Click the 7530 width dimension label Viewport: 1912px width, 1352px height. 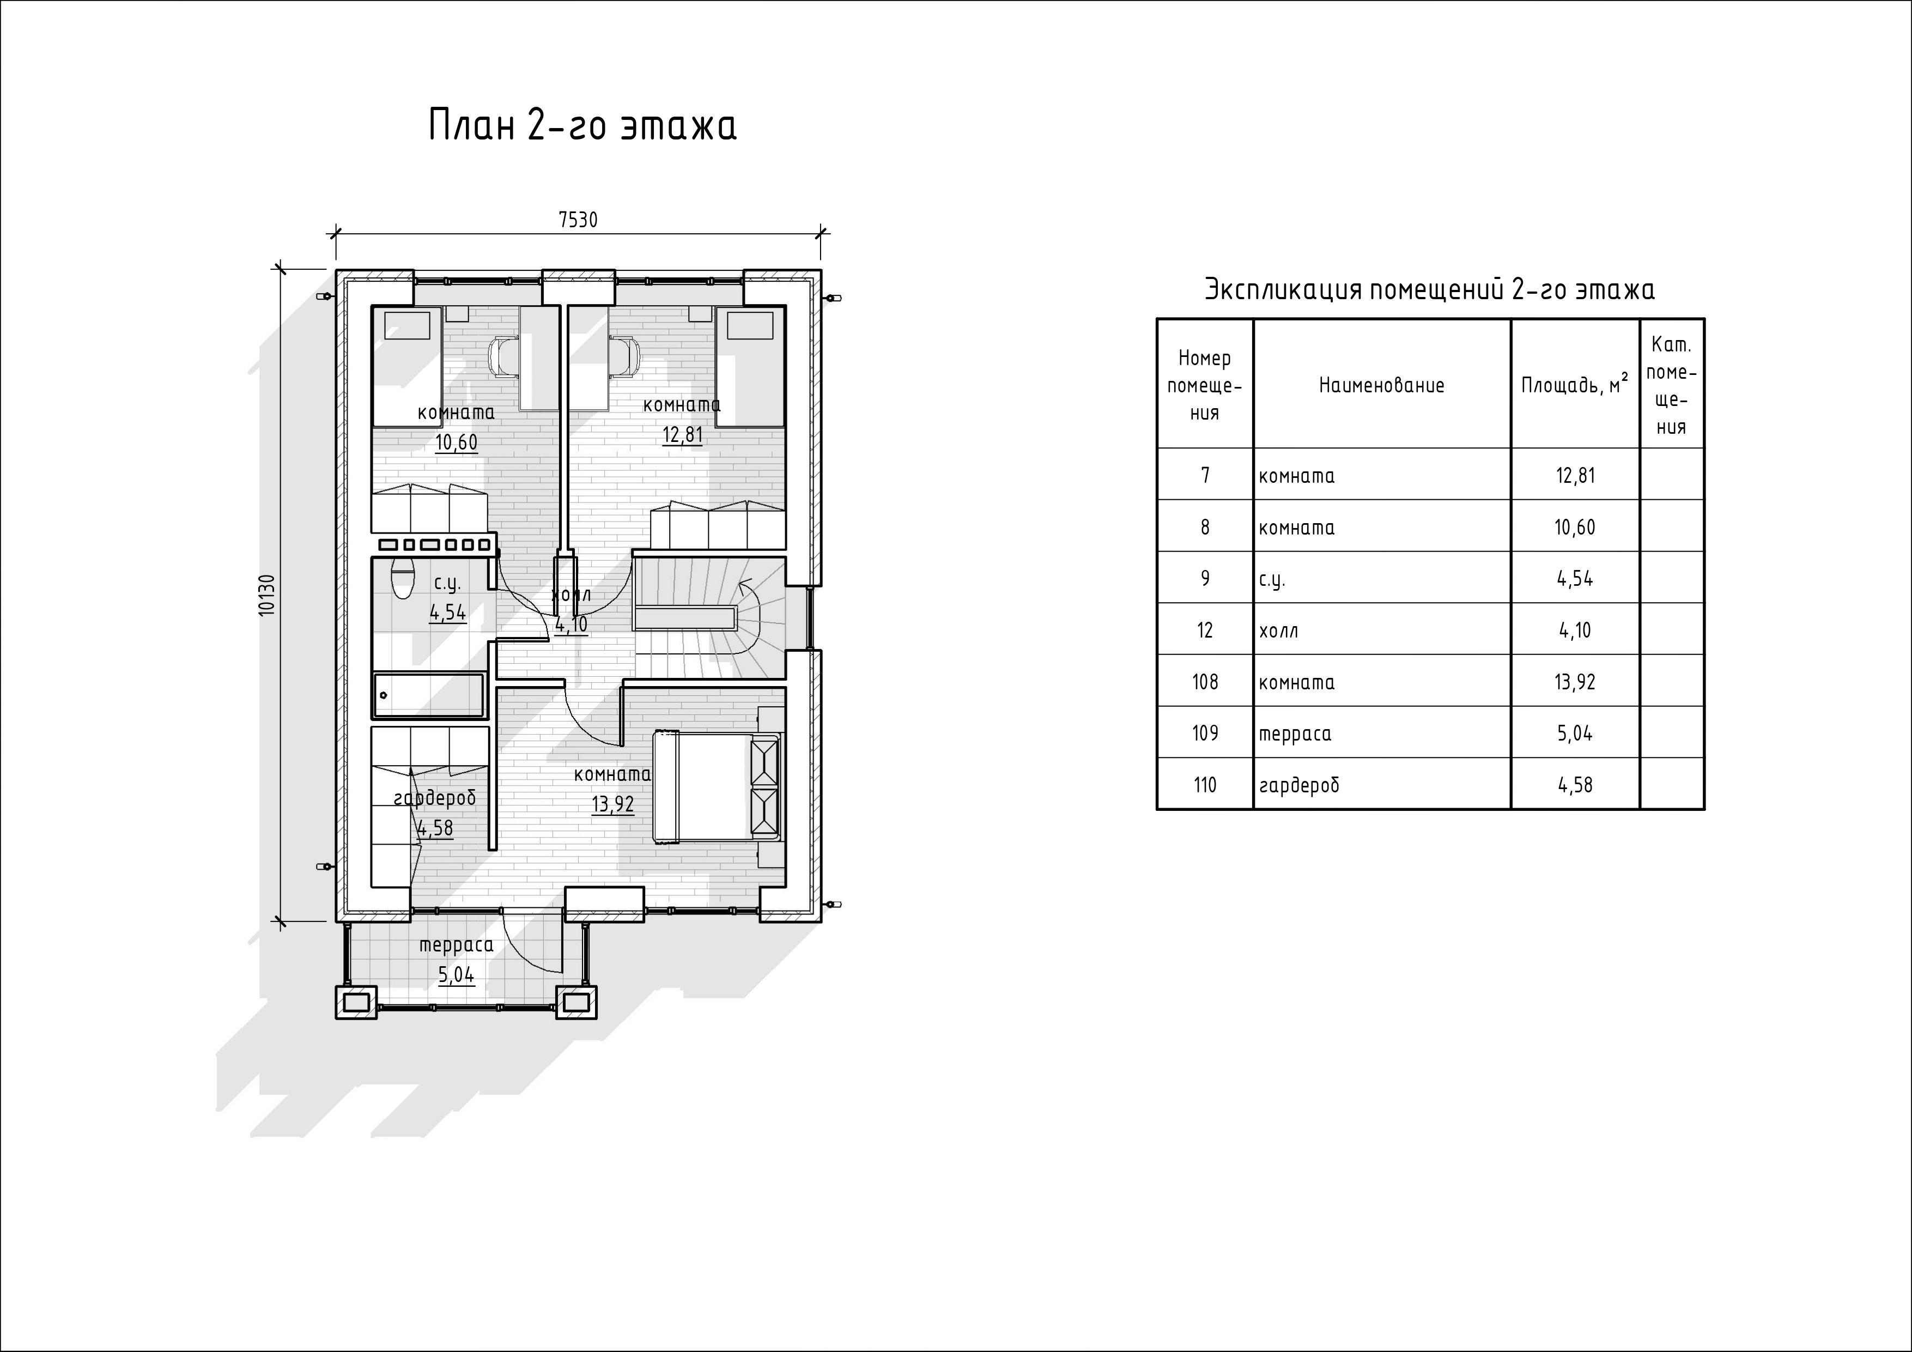(578, 220)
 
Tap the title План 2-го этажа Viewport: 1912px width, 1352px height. (583, 126)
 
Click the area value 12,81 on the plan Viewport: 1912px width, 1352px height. (682, 435)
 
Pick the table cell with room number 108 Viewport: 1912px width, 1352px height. (1205, 681)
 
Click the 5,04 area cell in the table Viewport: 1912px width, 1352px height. (1575, 733)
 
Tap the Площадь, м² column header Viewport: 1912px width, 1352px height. (1575, 385)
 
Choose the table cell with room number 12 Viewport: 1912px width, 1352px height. (1205, 630)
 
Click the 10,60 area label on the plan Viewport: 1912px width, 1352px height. (457, 442)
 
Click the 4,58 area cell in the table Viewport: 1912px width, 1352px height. (1575, 785)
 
